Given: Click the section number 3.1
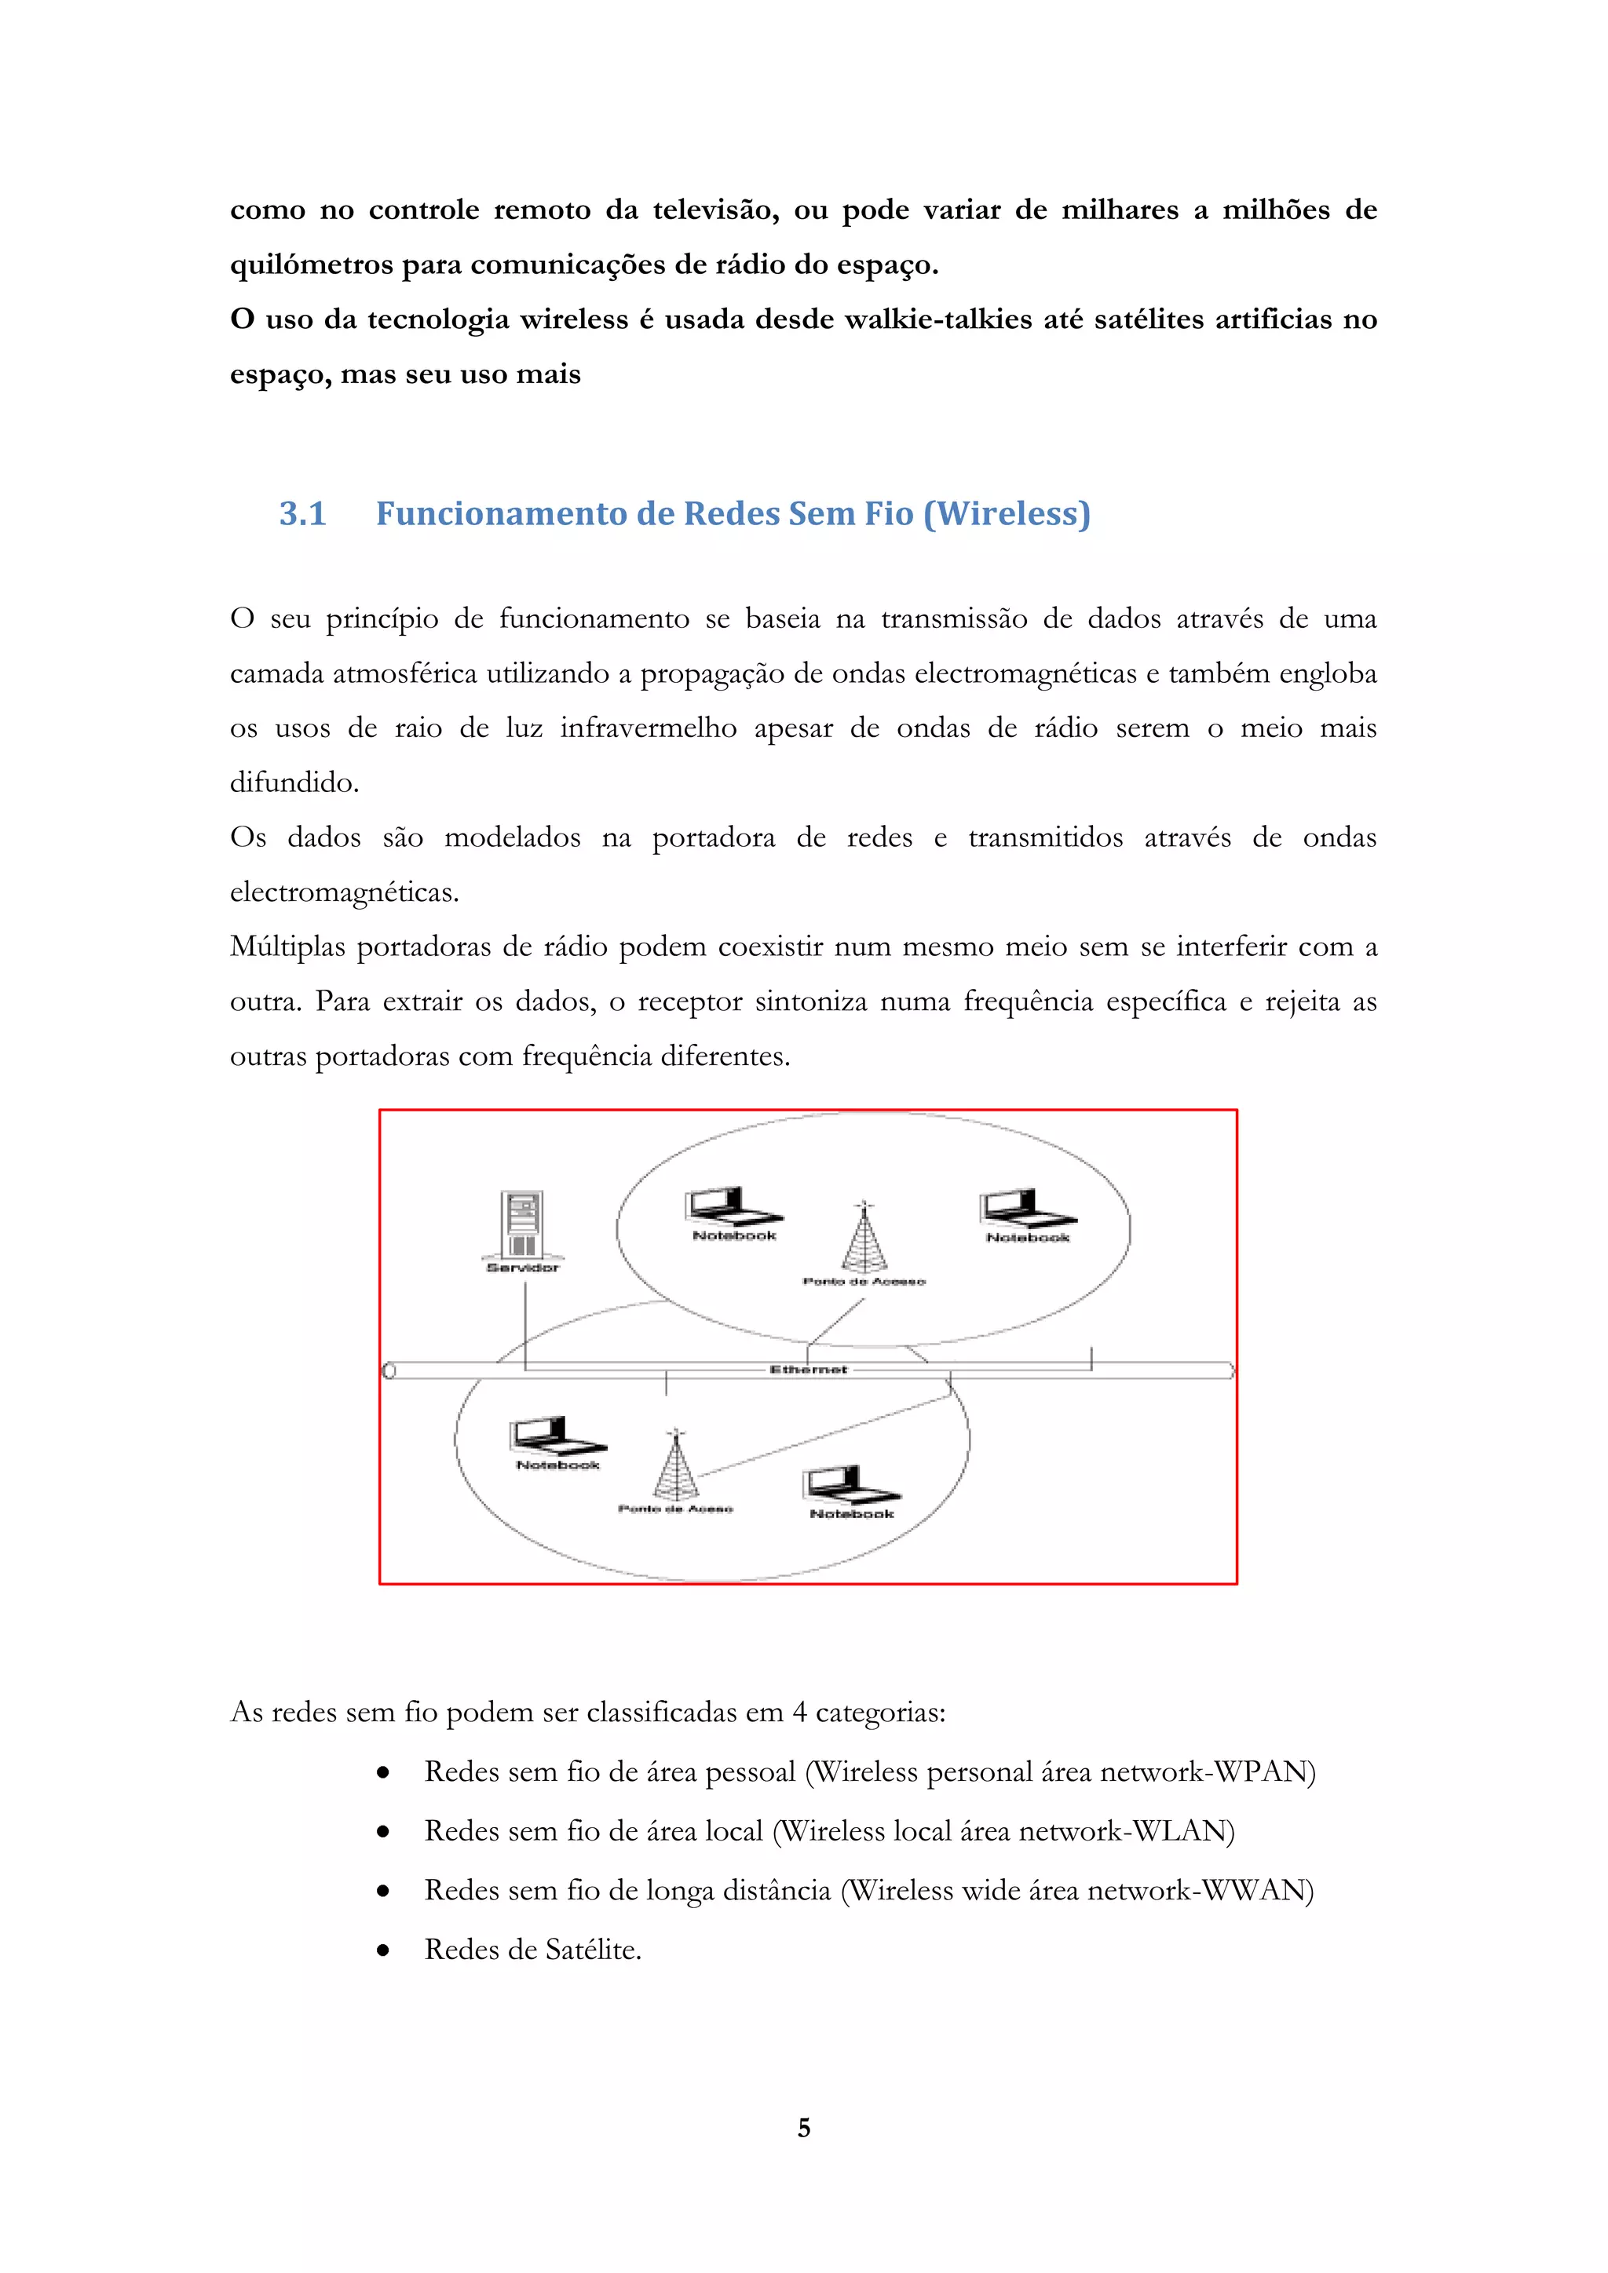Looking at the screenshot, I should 302,514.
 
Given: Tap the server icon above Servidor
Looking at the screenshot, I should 523,1224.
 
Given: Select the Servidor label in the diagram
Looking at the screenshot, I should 523,1267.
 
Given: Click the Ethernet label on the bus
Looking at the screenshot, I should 808,1369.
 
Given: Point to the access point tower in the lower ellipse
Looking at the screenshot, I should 676,1465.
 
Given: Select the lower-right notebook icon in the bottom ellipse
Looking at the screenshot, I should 850,1485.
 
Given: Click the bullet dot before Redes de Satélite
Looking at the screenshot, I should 383,1951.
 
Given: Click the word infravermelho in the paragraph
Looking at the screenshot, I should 648,728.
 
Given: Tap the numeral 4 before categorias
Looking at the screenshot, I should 799,1713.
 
